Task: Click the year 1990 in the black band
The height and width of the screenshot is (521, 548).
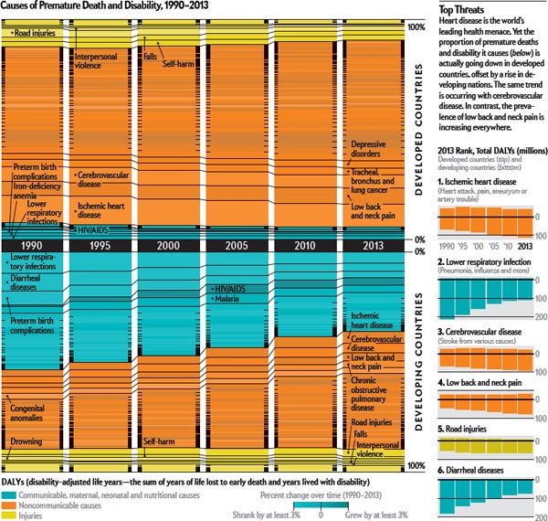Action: (32, 245)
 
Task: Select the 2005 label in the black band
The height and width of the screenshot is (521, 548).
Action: (237, 245)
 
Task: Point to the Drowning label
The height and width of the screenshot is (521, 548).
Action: (27, 441)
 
